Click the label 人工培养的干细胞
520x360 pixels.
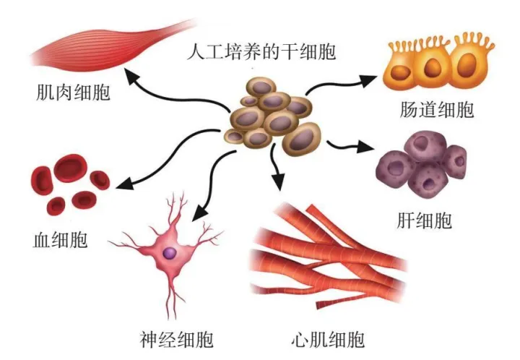pos(261,52)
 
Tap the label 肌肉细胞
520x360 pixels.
pos(73,93)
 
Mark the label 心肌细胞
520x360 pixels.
pos(327,340)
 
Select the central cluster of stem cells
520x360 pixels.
pos(271,116)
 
